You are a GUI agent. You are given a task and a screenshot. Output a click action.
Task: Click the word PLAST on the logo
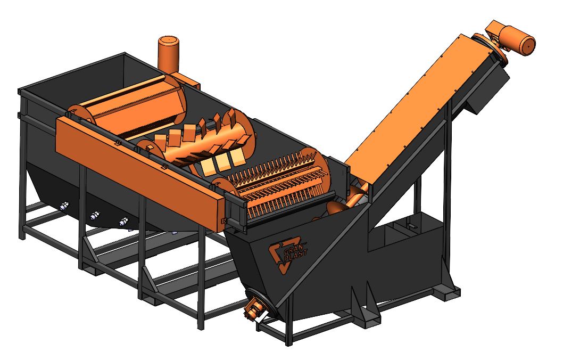point(297,255)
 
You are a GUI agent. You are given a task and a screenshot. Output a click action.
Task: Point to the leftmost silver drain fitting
point(64,206)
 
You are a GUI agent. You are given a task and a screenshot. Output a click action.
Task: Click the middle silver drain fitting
point(95,215)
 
